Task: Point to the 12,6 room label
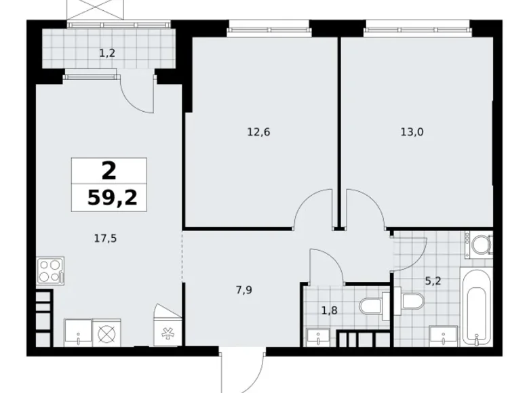(258, 132)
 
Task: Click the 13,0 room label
(412, 132)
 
